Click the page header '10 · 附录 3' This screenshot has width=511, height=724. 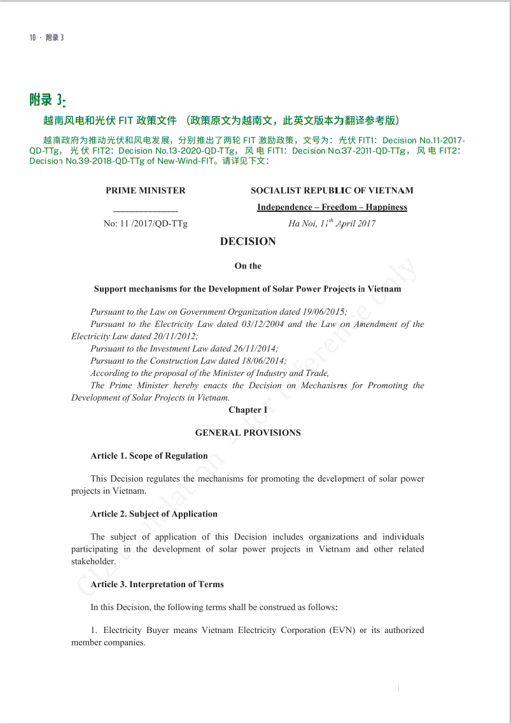click(x=46, y=38)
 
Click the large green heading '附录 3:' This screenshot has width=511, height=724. click(x=48, y=101)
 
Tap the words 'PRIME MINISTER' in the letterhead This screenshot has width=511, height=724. click(x=146, y=190)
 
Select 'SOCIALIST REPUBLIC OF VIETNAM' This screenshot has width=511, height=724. click(x=332, y=190)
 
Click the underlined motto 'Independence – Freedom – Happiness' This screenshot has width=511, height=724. click(x=332, y=207)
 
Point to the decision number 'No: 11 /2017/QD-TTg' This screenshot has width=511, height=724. click(x=146, y=223)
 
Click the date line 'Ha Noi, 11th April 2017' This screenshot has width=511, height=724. click(x=332, y=223)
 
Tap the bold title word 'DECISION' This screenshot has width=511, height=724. click(x=248, y=242)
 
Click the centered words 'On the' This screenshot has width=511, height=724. click(x=248, y=266)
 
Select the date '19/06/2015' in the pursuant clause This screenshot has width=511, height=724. click(x=323, y=312)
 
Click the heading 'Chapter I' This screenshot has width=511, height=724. click(x=248, y=410)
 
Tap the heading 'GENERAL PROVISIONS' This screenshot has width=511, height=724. click(x=248, y=433)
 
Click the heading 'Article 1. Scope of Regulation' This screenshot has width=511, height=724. click(x=149, y=456)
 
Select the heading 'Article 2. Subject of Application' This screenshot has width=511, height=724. click(x=154, y=514)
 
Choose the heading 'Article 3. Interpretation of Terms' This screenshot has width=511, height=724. click(x=157, y=584)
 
